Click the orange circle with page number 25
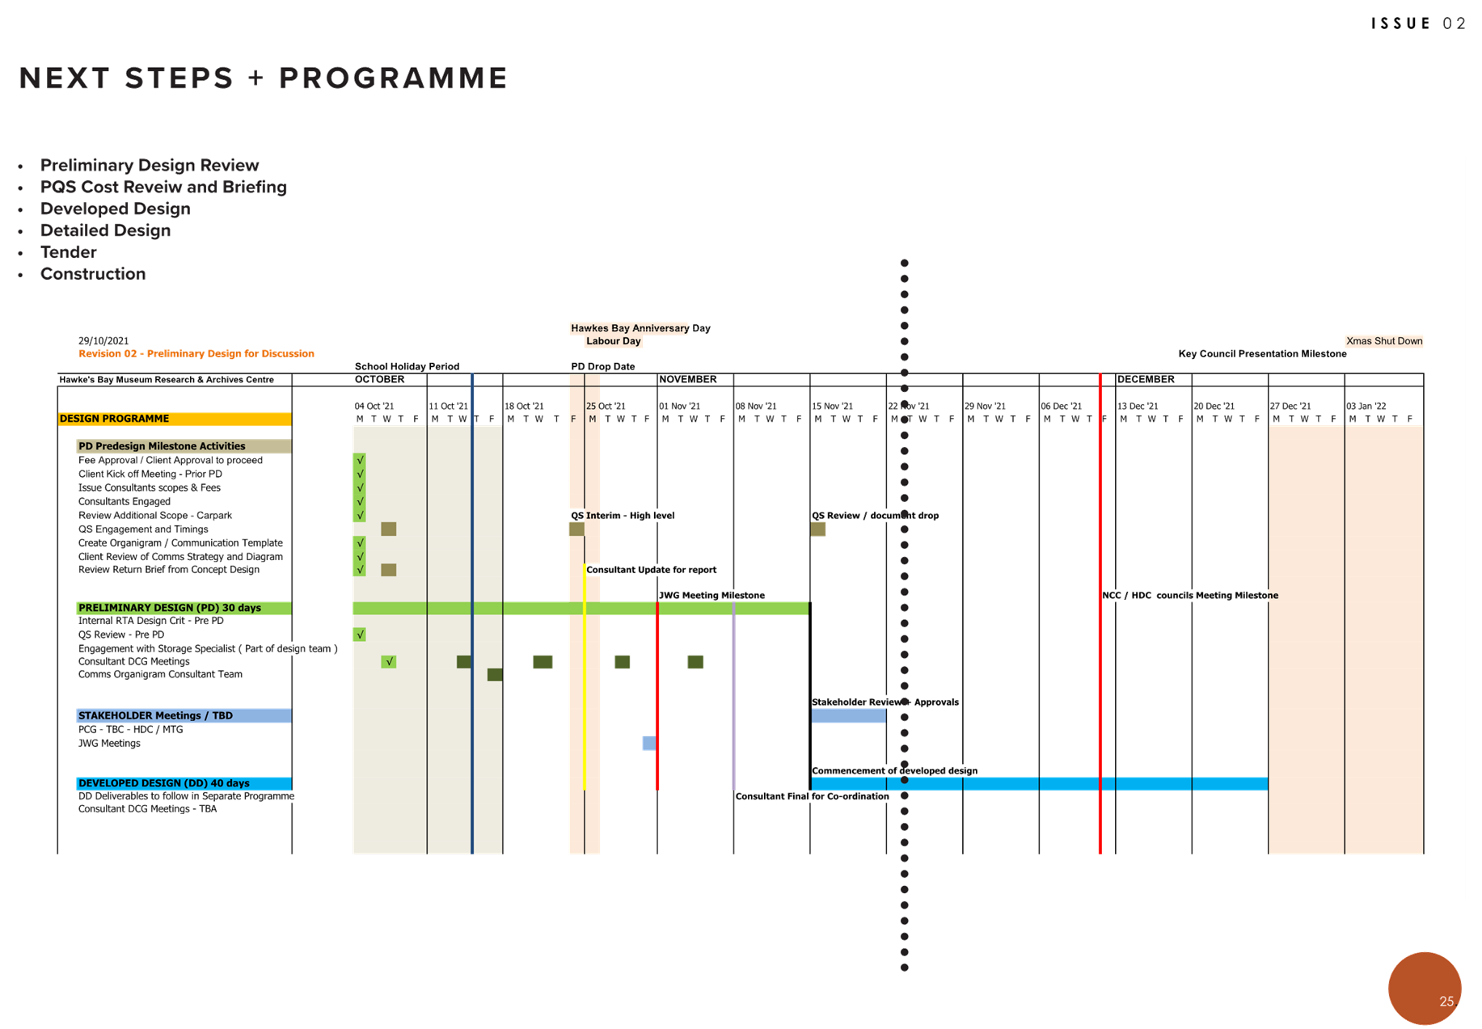point(1425,988)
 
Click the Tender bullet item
point(69,252)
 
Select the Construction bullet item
point(93,274)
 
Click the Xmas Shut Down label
point(1383,341)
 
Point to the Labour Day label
point(613,341)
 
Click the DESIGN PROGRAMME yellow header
point(174,419)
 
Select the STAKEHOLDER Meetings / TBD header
point(184,715)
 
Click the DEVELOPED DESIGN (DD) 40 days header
point(184,783)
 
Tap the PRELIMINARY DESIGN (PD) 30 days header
point(184,608)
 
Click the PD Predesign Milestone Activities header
point(184,446)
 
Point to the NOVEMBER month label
point(688,379)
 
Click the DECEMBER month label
point(1146,379)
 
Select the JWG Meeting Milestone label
point(711,596)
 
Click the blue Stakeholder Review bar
point(848,716)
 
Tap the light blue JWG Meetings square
point(648,743)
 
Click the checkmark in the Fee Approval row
point(360,460)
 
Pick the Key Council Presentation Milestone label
point(1262,354)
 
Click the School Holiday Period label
point(407,366)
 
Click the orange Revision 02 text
point(196,354)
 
